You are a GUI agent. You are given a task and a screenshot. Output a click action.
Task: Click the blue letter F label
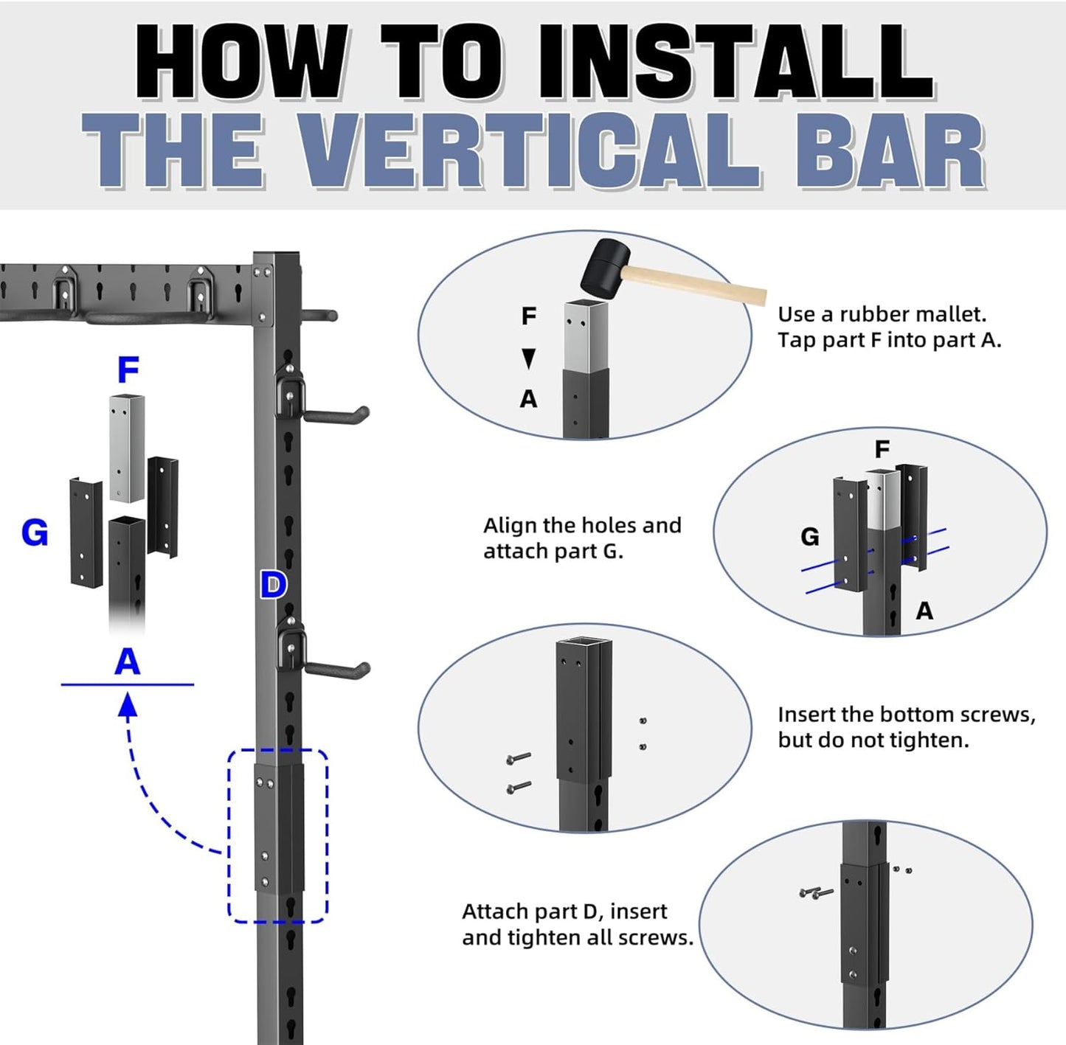[x=128, y=369]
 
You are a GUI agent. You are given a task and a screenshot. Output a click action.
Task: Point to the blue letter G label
[x=34, y=532]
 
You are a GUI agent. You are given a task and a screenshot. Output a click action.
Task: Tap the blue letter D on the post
[x=273, y=586]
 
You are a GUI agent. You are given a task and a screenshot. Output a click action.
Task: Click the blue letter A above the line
[x=127, y=662]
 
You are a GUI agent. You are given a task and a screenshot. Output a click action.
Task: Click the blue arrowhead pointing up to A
[x=128, y=705]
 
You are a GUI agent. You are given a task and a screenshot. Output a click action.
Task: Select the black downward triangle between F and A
[x=529, y=358]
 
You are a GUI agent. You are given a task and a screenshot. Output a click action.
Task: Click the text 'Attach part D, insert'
[x=564, y=911]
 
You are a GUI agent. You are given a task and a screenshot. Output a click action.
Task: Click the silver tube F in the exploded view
[x=127, y=448]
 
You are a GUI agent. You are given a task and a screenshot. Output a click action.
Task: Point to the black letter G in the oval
[x=810, y=537]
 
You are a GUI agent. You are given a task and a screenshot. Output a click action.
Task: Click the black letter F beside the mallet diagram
[x=529, y=316]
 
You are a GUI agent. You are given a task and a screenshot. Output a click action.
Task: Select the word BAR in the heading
[x=891, y=150]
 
